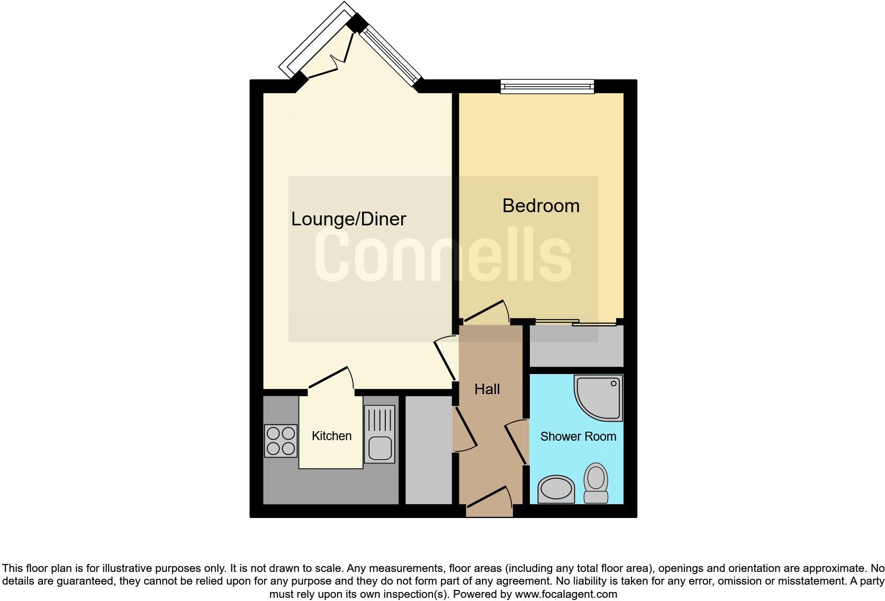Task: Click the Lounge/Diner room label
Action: coord(348,219)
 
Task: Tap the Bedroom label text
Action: coord(540,206)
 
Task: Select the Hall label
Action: coord(487,389)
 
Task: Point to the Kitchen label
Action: coord(331,436)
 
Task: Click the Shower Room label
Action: coord(578,436)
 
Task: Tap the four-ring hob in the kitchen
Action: coord(281,441)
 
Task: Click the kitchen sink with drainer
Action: coord(380,434)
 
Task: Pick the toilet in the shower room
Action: coord(596,483)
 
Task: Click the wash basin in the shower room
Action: coord(556,489)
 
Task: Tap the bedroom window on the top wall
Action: coord(547,86)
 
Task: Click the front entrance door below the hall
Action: coord(489,504)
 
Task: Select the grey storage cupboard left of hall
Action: coord(428,450)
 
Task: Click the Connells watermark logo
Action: coord(443,257)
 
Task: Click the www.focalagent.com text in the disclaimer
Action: coord(566,594)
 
